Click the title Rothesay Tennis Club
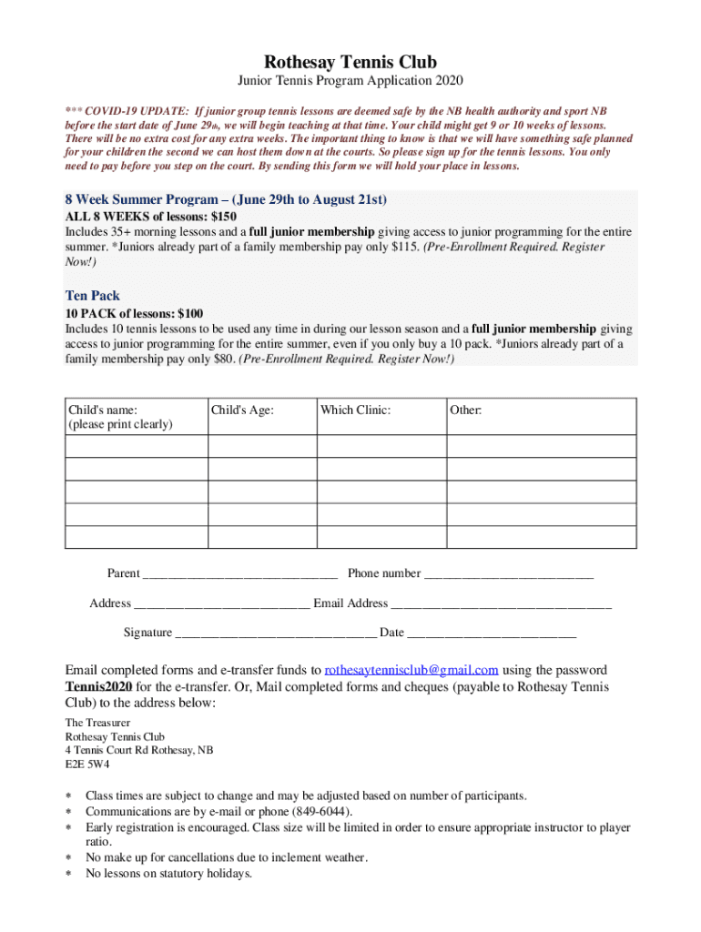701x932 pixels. click(x=350, y=63)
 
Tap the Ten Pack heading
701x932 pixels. click(x=92, y=296)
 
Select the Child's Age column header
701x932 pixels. click(x=242, y=410)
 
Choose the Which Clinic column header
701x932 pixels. click(x=355, y=410)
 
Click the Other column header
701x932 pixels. click(x=465, y=410)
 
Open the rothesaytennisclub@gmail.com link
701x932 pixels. click(x=411, y=670)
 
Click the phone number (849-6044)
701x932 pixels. click(x=323, y=812)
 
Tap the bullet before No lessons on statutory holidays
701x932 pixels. click(x=67, y=874)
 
